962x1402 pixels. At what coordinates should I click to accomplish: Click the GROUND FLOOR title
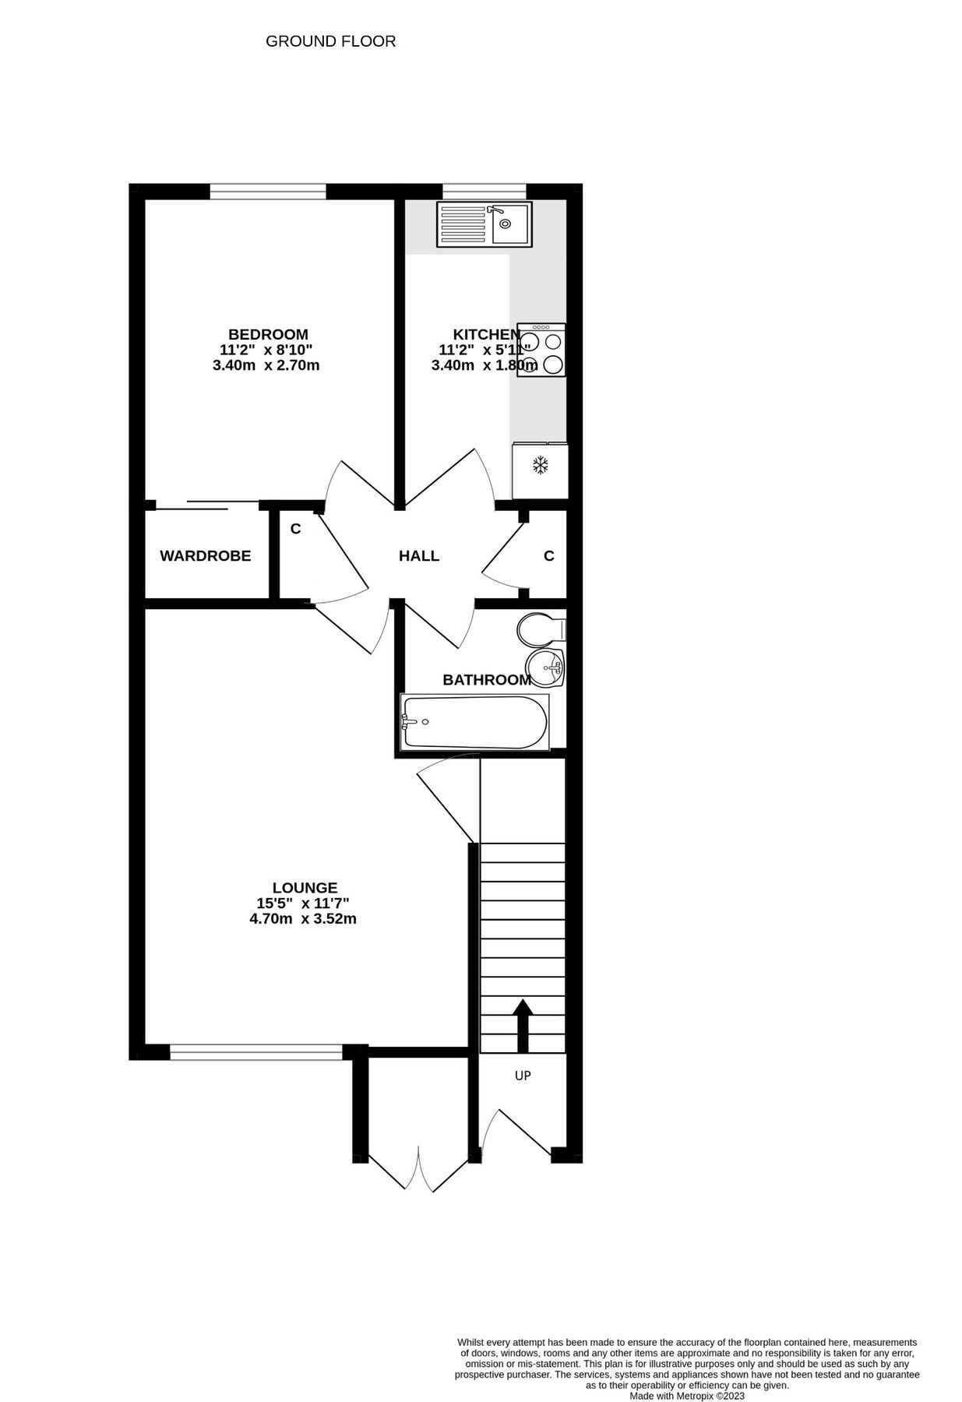330,41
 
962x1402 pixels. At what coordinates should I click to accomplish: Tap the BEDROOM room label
268,335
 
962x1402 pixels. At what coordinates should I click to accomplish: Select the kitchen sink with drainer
485,225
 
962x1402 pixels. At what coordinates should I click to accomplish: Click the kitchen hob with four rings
541,350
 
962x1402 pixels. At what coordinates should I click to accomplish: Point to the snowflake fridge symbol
540,466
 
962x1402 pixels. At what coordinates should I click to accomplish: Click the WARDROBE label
206,556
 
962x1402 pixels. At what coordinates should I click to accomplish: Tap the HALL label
419,556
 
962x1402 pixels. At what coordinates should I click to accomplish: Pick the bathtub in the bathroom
475,722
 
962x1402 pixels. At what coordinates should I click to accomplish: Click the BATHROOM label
487,680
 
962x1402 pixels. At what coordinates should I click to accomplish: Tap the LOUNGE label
305,888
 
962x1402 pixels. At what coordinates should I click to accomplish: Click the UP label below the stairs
523,1076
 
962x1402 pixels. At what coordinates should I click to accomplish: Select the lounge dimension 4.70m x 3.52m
303,919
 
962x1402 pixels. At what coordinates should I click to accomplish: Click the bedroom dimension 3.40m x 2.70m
266,365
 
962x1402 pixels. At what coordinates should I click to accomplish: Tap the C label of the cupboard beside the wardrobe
295,530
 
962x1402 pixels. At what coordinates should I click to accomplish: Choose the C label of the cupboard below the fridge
549,556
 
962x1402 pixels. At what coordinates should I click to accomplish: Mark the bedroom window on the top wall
267,191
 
